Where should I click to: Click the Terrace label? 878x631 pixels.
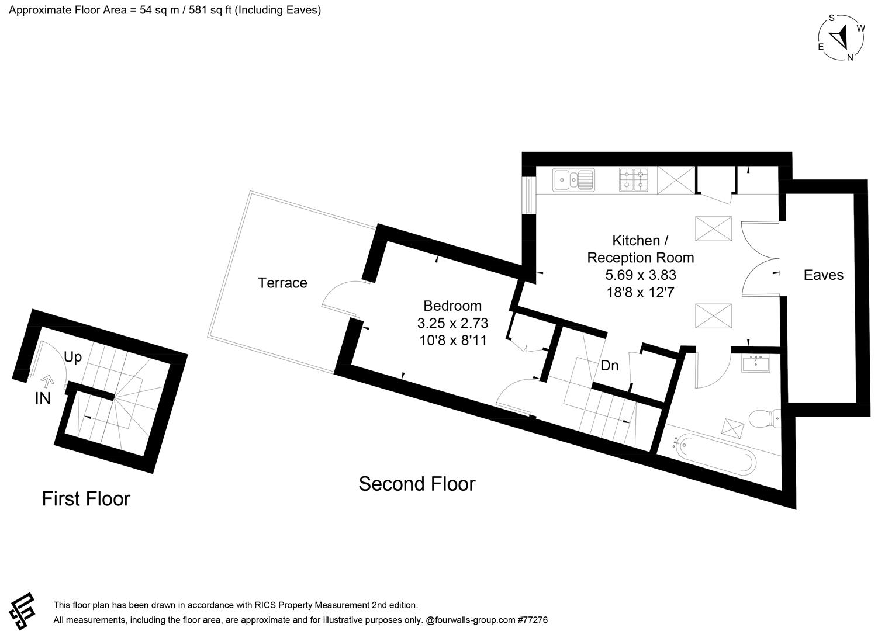(282, 283)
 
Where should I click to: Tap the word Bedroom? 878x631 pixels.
(452, 306)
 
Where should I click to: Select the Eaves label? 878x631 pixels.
(823, 275)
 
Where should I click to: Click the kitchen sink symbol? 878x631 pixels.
(573, 179)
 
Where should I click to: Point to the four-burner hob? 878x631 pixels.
(634, 179)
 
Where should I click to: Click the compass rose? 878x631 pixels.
(842, 37)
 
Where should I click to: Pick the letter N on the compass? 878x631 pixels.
(851, 57)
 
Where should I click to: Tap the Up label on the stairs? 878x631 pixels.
(72, 357)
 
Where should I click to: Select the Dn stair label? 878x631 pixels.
(610, 366)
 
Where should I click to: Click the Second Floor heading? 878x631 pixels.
(417, 484)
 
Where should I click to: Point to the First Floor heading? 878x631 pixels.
(86, 498)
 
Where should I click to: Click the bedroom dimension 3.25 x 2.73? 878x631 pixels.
(452, 323)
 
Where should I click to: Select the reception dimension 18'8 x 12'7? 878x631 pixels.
(641, 292)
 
